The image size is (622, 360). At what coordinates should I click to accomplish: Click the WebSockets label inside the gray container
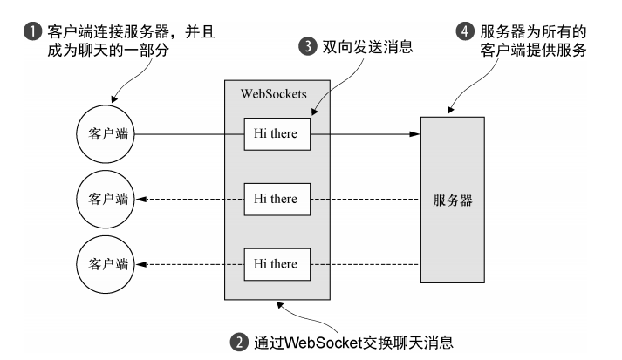tap(274, 94)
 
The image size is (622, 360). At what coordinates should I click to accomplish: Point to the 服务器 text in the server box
tap(453, 200)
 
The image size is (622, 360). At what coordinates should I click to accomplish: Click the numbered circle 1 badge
tap(32, 31)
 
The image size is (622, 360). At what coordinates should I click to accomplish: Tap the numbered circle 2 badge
tap(239, 343)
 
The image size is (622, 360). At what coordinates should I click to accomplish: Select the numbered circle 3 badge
tap(308, 46)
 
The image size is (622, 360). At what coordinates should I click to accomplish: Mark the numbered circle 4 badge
tap(465, 31)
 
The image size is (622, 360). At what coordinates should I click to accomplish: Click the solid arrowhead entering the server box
tap(415, 134)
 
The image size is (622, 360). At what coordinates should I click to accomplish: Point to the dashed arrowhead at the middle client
tap(140, 199)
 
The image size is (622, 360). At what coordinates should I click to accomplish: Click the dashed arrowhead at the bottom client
tap(140, 264)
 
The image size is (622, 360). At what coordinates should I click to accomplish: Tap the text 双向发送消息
tap(368, 47)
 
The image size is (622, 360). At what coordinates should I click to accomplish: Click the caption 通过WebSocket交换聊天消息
tap(353, 343)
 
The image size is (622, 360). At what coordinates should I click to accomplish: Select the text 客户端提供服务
tap(533, 51)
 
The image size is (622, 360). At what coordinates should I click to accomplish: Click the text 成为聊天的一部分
tap(108, 51)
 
